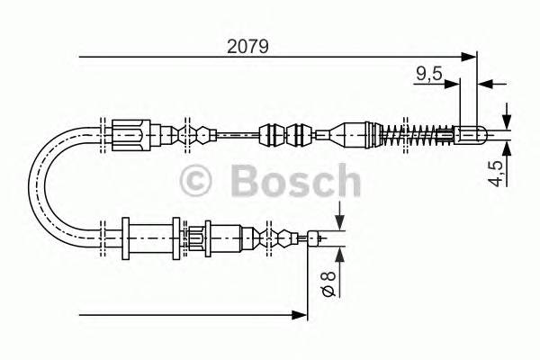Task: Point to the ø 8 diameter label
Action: point(328,281)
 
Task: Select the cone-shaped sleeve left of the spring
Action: point(354,136)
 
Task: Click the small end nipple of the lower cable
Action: point(314,238)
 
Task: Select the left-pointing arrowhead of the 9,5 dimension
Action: point(483,85)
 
